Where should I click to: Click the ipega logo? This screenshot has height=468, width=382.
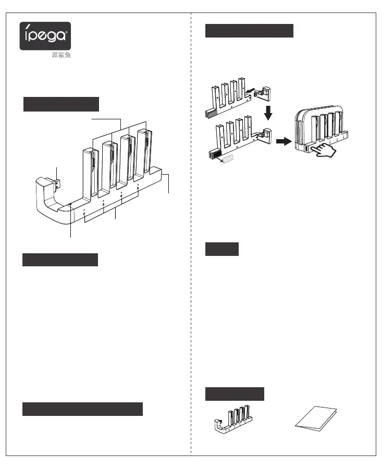click(45, 35)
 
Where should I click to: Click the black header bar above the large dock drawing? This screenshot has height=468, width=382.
click(61, 104)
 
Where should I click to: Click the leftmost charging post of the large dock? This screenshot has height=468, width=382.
click(89, 172)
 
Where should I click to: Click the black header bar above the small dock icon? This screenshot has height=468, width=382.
click(235, 393)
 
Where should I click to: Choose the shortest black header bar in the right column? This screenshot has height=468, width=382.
click(221, 249)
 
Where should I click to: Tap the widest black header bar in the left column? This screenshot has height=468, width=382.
click(82, 409)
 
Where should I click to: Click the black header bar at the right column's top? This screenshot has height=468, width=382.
click(249, 30)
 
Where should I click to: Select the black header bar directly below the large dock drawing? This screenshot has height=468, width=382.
click(60, 260)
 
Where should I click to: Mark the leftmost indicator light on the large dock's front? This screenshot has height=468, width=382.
click(85, 214)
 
